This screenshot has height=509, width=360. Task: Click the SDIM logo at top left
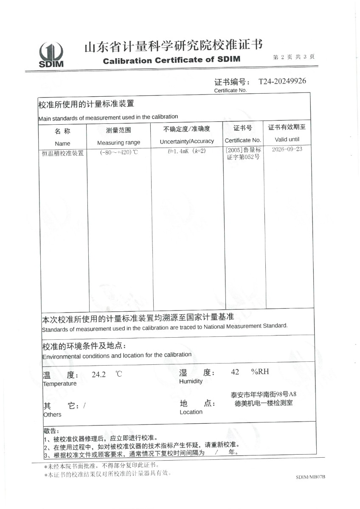pos(51,55)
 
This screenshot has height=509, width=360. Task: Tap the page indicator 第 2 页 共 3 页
pos(294,57)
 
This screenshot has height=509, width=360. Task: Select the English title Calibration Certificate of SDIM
pos(172,60)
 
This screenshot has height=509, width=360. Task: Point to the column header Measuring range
pos(118,143)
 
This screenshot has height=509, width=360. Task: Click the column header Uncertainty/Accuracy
pos(187,141)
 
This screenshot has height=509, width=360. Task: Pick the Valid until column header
pos(287,139)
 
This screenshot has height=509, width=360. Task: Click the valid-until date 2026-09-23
pos(287,150)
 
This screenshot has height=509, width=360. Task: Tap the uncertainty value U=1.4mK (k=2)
pos(187,151)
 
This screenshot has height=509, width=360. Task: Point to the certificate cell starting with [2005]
pos(244,154)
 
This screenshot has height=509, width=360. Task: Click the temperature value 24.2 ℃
pos(107,374)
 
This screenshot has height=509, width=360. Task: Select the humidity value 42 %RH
pos(250,372)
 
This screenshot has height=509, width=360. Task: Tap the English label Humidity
pos(191,381)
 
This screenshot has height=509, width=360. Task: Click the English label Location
pos(191,412)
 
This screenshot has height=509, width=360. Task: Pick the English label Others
pos(52,414)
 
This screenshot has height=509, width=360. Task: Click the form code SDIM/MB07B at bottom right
pos(310,477)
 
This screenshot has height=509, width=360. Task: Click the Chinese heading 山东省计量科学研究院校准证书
pos(173,45)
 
